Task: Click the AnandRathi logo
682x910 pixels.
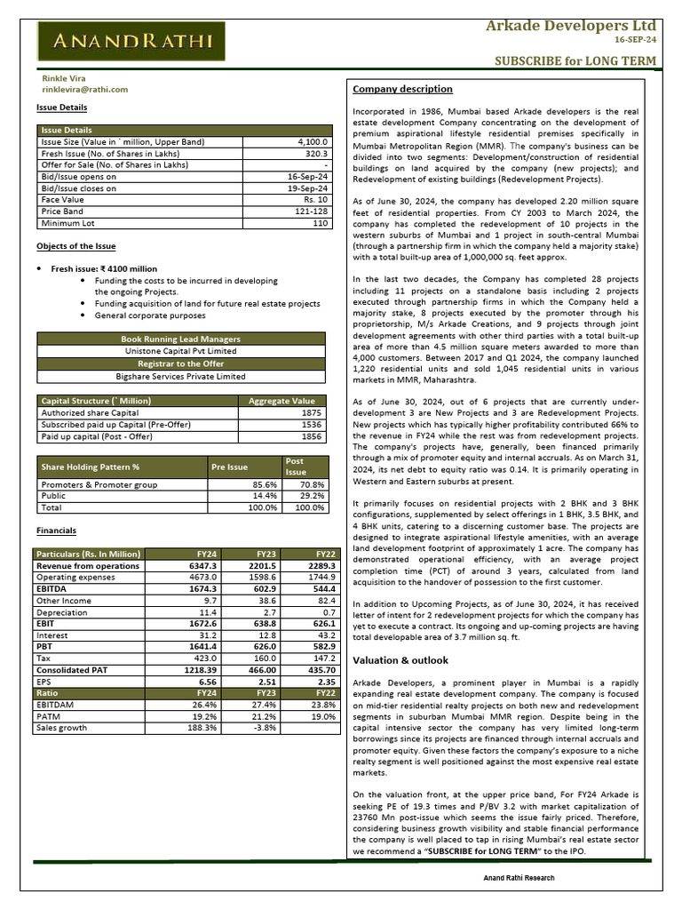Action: tap(133, 40)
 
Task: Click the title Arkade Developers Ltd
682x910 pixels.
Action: tap(570, 25)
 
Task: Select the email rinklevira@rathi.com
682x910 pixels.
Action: tap(84, 90)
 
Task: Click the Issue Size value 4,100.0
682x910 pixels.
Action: tap(313, 142)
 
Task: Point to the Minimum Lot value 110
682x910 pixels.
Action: tap(321, 223)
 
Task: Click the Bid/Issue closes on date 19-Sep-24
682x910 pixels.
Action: tap(308, 188)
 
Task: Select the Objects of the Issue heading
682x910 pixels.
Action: tap(75, 246)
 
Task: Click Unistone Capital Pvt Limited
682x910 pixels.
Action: tap(181, 351)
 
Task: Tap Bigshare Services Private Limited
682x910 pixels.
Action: tap(181, 377)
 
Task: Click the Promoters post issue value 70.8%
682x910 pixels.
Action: tap(312, 484)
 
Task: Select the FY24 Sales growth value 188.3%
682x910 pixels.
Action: tap(202, 728)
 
